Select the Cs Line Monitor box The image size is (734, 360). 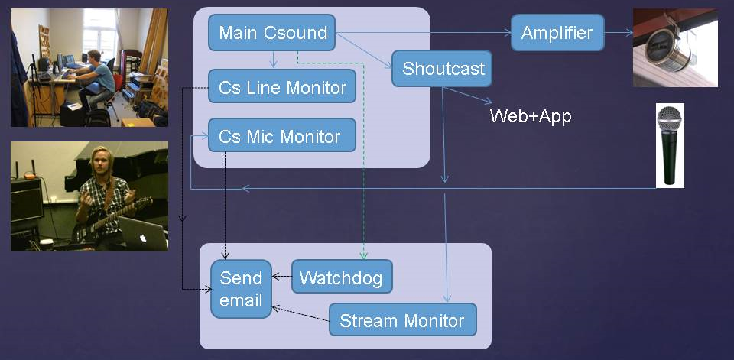281,87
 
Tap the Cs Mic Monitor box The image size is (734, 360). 281,137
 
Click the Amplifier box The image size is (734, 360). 557,33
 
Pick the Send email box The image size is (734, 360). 241,289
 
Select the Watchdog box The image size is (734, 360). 342,277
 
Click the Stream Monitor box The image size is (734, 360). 402,319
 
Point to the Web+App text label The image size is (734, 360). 531,116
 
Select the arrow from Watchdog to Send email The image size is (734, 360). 282,277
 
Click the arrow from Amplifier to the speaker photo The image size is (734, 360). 619,33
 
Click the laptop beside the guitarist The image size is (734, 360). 143,232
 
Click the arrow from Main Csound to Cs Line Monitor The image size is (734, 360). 272,60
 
